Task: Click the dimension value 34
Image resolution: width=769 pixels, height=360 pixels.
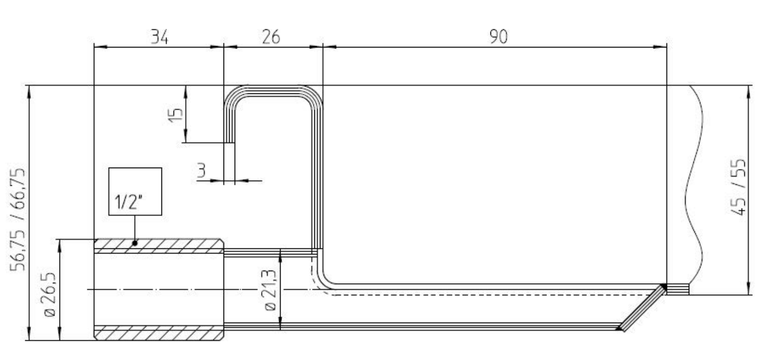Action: [159, 37]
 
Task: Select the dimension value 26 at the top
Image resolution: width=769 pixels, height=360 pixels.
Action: [271, 37]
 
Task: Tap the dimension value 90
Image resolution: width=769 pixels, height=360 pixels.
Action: [499, 37]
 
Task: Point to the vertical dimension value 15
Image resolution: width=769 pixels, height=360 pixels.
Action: [176, 115]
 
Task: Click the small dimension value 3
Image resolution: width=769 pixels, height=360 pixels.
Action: [201, 170]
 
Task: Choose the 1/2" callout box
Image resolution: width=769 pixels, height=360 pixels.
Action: [135, 192]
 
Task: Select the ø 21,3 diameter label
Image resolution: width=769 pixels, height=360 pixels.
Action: [270, 290]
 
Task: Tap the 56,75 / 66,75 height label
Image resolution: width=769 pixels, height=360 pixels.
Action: [18, 220]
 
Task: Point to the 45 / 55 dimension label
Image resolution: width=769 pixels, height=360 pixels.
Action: [737, 187]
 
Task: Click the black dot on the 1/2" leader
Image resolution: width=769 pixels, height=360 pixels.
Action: [135, 243]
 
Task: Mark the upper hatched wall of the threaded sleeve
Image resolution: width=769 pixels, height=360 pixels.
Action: [159, 246]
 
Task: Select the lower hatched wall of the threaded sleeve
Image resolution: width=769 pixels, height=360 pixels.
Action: [159, 333]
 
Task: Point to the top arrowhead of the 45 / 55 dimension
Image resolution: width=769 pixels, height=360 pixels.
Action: [749, 91]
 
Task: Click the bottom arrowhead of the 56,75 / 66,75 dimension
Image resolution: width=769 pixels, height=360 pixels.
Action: [29, 334]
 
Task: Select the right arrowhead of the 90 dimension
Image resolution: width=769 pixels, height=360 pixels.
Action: [660, 47]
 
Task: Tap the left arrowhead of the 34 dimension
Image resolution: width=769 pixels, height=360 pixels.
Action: [101, 47]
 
